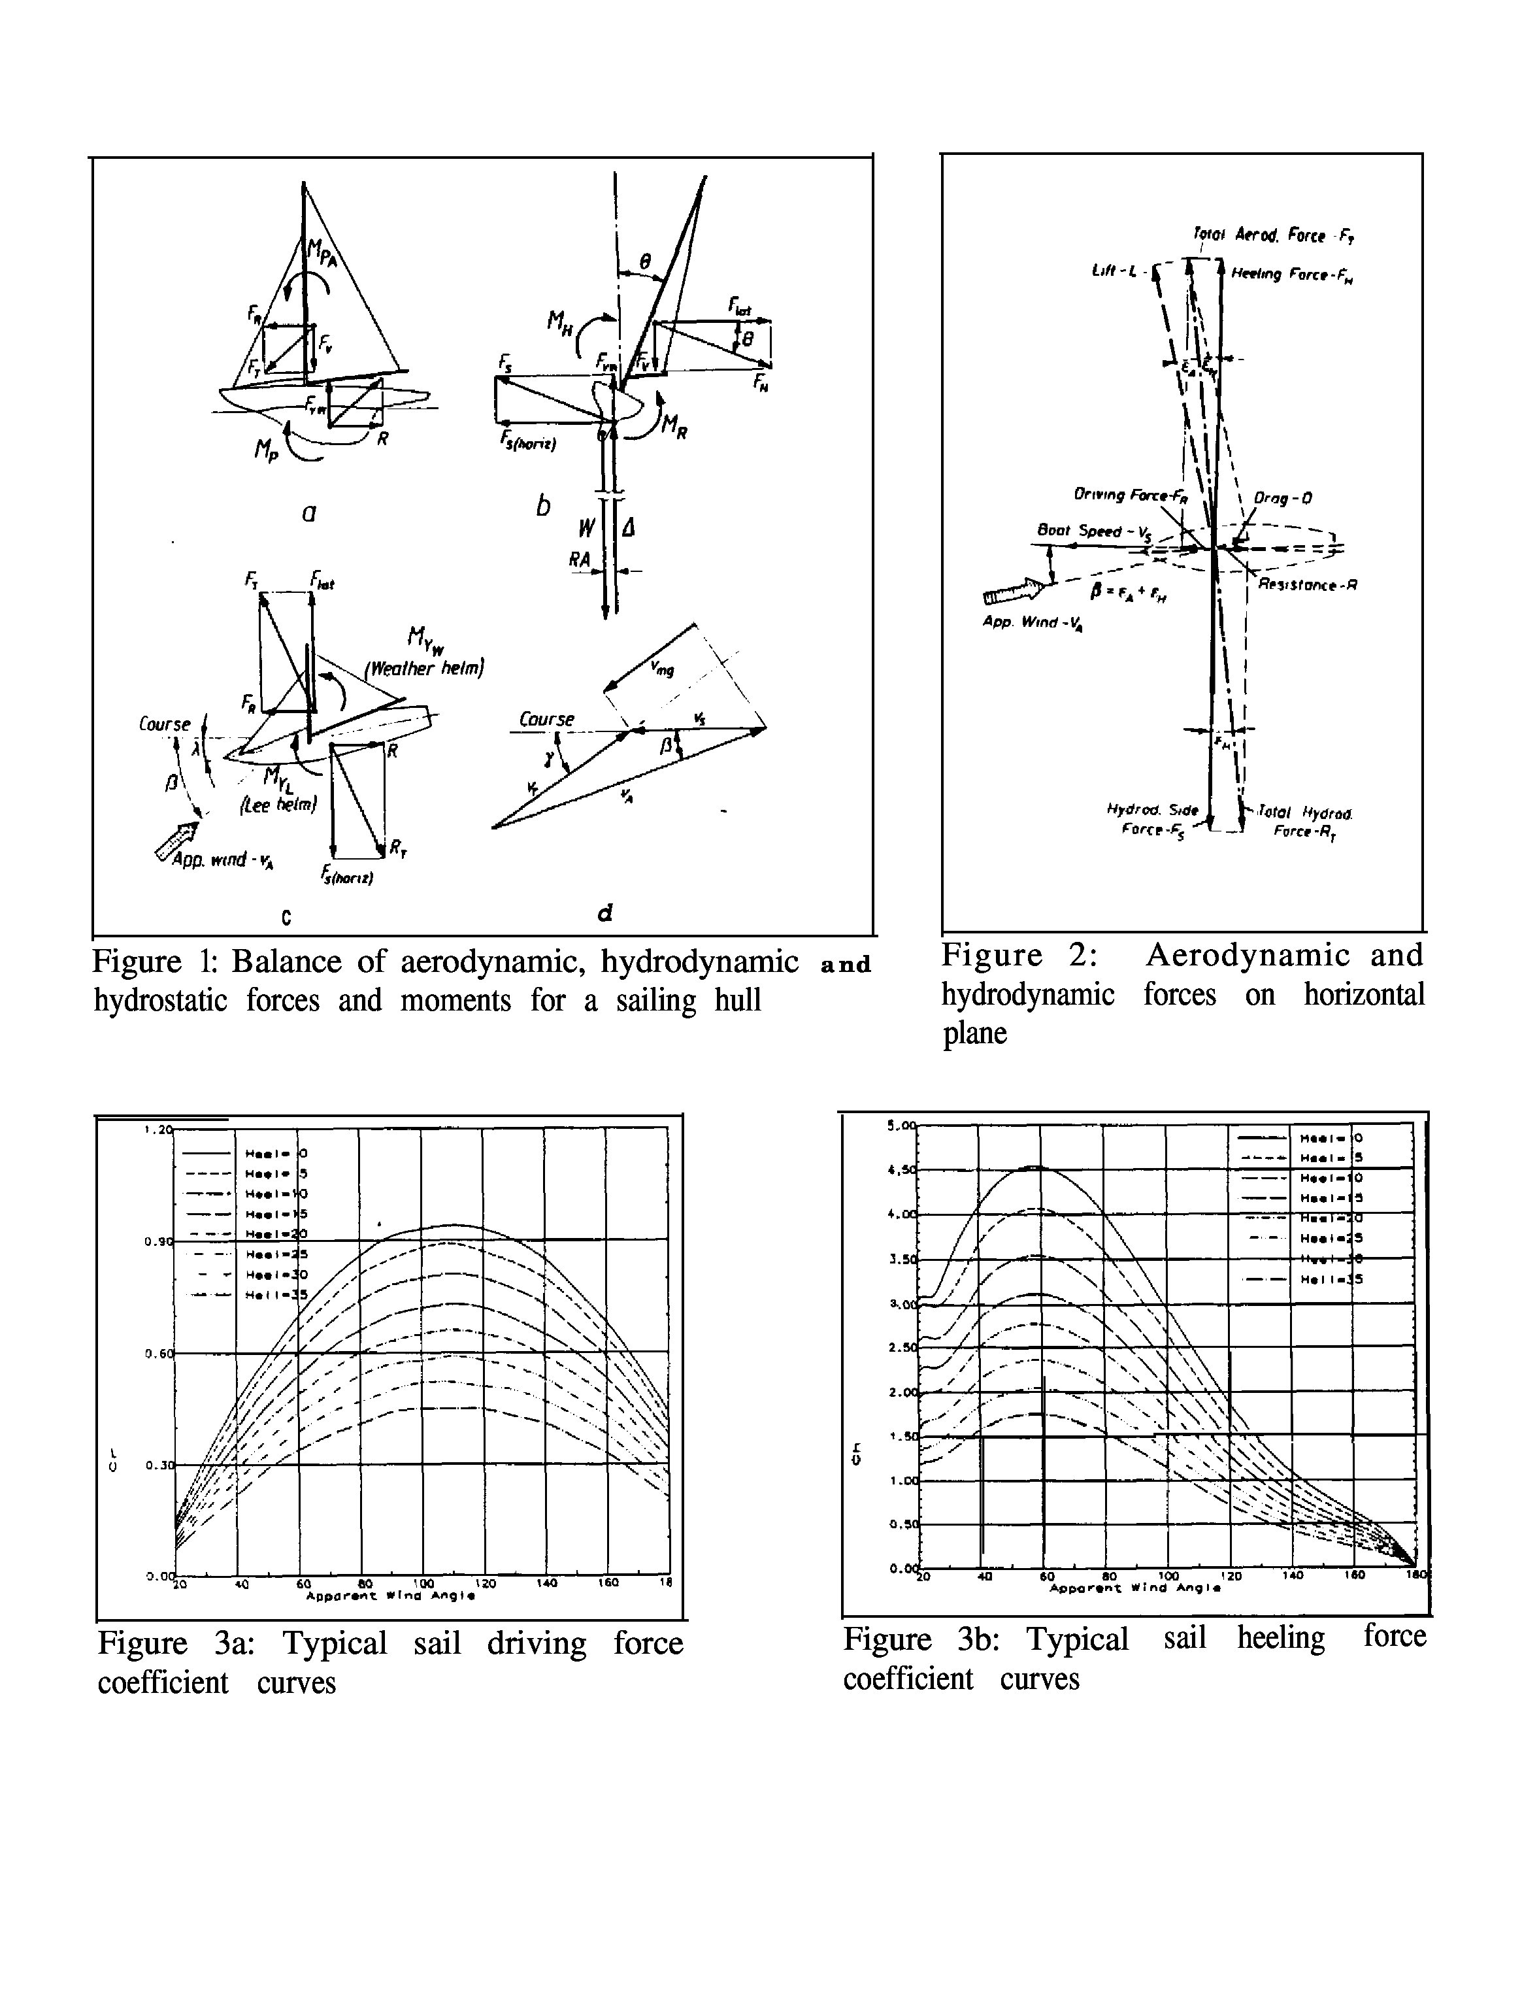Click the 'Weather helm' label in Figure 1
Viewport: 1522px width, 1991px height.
click(424, 669)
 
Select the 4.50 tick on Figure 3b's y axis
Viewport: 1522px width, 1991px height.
click(902, 1170)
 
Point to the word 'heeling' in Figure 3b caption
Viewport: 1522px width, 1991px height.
click(1280, 1637)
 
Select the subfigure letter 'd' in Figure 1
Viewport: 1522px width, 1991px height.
click(605, 912)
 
